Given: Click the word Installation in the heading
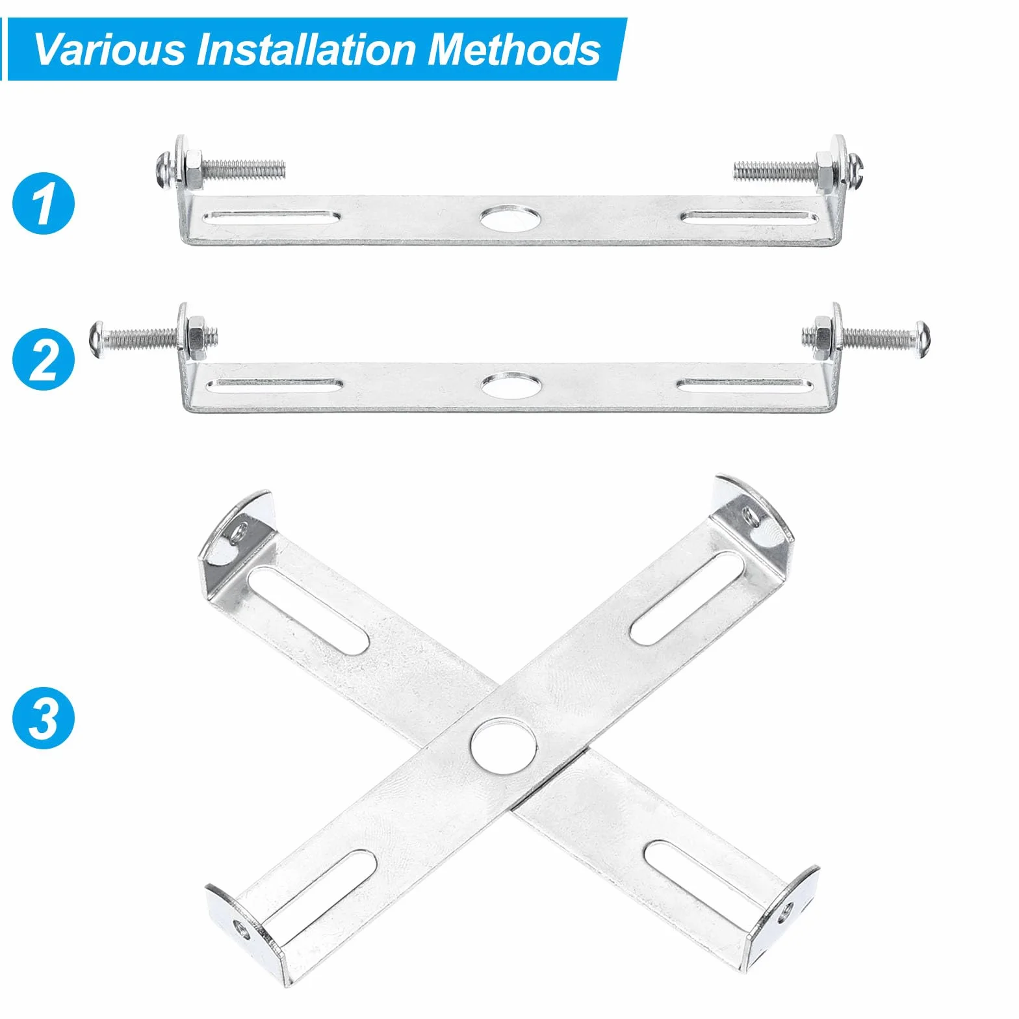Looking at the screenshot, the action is (306, 49).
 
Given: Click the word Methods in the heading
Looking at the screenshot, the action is (513, 49).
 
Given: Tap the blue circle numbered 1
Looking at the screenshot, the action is (44, 203).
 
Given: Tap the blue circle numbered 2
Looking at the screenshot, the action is (44, 359).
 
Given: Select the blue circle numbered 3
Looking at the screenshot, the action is (44, 718).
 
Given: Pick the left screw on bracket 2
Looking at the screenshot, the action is (153, 337).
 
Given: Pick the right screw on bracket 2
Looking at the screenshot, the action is (866, 337).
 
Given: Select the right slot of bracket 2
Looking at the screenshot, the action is (745, 385).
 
